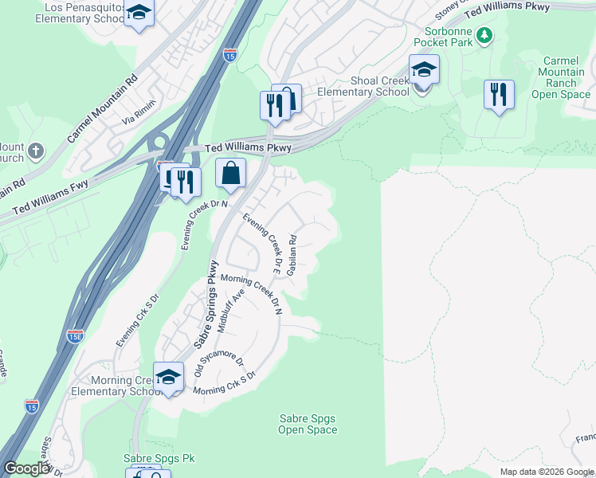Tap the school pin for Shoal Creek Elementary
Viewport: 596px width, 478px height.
tap(424, 72)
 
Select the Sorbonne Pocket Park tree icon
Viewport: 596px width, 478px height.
tap(484, 35)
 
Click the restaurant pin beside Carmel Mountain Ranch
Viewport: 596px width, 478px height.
tap(499, 95)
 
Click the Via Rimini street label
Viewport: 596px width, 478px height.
tap(139, 116)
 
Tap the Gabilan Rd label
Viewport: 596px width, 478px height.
tap(293, 255)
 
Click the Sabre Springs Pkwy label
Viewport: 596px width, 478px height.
tap(204, 304)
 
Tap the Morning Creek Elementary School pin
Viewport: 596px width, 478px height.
tap(168, 378)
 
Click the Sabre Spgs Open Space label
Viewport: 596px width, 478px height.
tap(308, 424)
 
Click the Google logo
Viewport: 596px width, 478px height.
tap(25, 468)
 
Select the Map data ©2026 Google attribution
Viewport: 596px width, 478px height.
tap(546, 472)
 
